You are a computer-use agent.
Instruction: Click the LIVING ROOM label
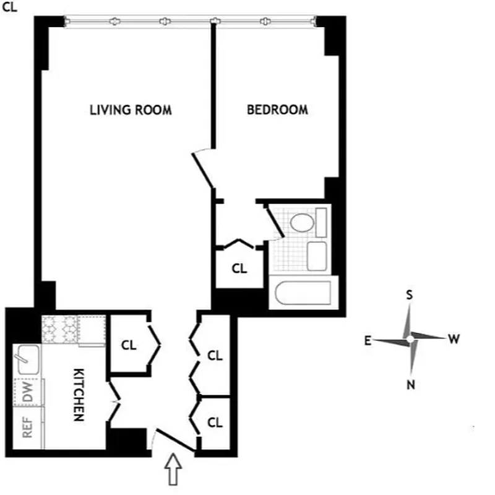tap(131, 110)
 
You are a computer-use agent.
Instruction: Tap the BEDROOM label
tap(277, 110)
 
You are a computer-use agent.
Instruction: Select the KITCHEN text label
tap(79, 395)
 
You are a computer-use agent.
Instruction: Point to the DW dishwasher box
tap(28, 392)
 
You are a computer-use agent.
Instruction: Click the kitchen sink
tap(28, 359)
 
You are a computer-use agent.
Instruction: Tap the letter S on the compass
tap(409, 295)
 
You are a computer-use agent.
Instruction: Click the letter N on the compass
tap(410, 385)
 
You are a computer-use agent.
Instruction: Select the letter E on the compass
tap(367, 340)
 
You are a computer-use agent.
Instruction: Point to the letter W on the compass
tap(454, 338)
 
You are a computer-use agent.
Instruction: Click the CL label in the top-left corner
tap(10, 7)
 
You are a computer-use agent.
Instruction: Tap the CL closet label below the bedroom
tap(239, 269)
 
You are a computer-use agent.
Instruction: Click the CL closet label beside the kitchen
tap(129, 345)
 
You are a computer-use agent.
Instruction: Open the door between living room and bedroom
tap(202, 168)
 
